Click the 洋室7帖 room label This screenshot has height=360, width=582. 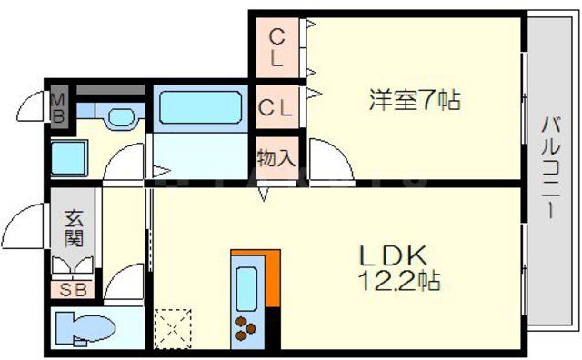(415, 99)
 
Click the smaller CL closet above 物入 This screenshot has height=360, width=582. (276, 107)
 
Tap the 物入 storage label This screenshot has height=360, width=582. (276, 157)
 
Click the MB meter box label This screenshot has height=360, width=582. (57, 106)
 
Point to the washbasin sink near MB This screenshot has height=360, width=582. (118, 116)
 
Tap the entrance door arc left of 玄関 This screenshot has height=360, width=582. (27, 227)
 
